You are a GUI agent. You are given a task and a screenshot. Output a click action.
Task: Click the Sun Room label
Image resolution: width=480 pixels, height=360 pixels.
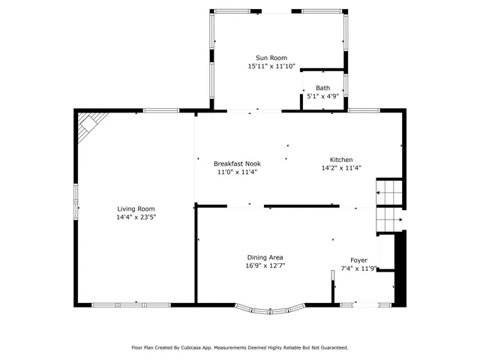pos(271,58)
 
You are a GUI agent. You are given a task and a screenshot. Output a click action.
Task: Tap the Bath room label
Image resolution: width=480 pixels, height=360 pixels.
pos(323,88)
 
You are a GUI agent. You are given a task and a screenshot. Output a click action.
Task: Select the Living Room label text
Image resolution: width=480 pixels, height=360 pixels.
pos(136,209)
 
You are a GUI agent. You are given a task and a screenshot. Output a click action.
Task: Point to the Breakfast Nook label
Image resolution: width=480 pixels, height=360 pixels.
pos(237,163)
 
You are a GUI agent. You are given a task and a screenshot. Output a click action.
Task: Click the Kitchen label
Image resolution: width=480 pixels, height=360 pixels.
pos(341,160)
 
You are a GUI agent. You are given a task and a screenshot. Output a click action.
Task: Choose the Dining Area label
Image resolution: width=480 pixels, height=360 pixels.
pos(265,258)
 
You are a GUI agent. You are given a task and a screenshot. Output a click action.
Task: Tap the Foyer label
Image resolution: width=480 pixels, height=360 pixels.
pos(358,260)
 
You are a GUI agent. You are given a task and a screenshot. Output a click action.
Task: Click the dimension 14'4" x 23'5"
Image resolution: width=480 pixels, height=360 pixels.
pos(136,217)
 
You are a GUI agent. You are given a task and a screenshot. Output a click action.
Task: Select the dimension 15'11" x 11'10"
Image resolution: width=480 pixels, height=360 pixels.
pos(271,66)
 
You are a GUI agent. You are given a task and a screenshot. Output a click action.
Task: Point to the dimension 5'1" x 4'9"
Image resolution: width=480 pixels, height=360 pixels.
pos(323,97)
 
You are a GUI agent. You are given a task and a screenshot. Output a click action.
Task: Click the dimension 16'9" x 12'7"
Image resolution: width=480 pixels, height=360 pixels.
pos(265,265)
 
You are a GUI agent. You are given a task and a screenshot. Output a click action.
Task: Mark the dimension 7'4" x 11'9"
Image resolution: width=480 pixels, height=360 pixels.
pos(358,268)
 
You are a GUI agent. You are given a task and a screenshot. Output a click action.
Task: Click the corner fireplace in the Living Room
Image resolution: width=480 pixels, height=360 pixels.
pos(90,125)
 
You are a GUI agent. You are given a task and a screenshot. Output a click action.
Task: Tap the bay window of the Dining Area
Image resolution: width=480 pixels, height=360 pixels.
pos(270,310)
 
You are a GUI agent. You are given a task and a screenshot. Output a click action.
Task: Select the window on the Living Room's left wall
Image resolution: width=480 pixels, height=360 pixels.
pos(76,202)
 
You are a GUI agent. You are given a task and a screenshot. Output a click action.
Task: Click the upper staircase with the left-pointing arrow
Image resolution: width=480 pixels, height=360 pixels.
pos(389,193)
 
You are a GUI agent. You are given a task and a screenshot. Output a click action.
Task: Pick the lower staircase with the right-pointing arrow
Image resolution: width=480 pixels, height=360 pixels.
pos(389,220)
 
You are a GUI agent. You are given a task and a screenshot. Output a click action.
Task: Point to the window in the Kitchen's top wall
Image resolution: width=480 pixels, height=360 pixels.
pos(364,110)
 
